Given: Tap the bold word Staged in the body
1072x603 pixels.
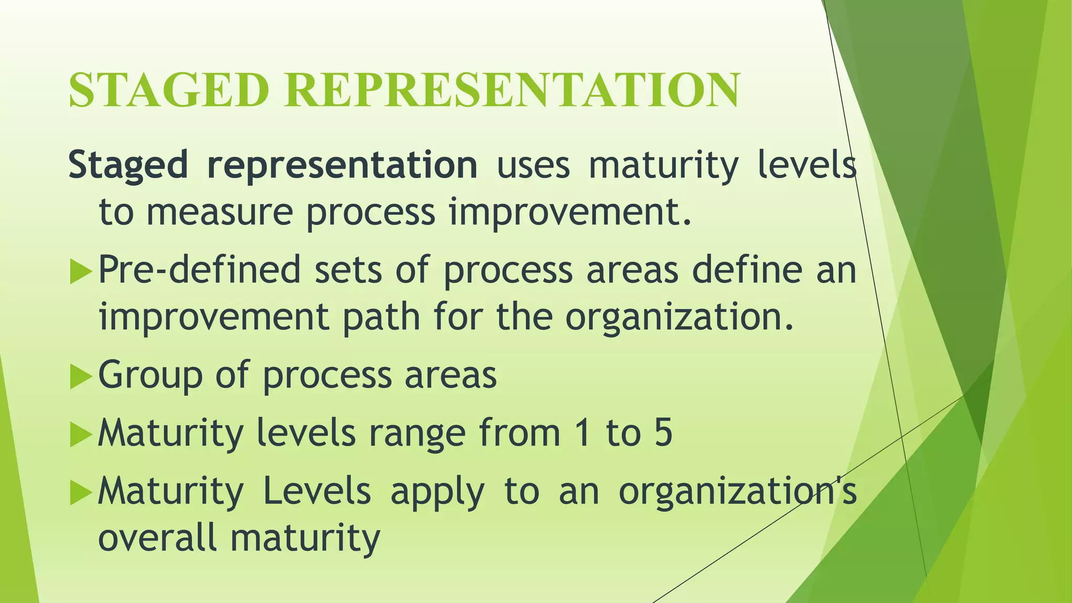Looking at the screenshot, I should [128, 165].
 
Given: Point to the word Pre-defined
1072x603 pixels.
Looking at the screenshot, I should [199, 270].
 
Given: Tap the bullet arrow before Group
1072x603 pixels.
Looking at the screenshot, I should [80, 377].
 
